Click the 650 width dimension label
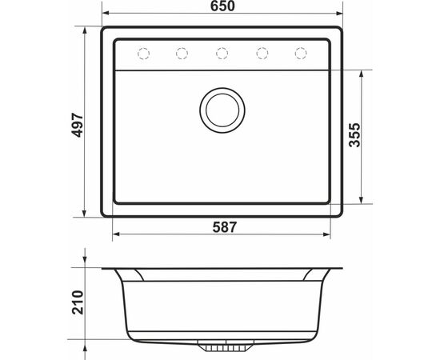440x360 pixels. [x=222, y=6]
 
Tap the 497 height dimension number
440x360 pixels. [x=78, y=125]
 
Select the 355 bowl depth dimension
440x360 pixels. [x=354, y=135]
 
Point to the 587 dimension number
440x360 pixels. [x=225, y=227]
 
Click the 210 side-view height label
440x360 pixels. [x=78, y=302]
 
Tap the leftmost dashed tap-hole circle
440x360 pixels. [x=143, y=53]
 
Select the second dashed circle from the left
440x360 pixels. [x=182, y=53]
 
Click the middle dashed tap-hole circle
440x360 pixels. [x=222, y=53]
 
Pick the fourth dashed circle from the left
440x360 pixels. [x=262, y=53]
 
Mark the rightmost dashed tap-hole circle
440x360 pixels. [x=301, y=53]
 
